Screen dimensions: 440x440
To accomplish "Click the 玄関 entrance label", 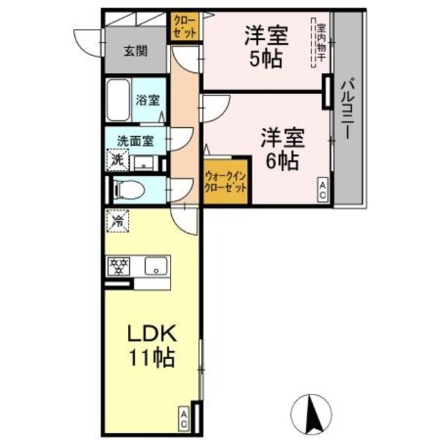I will [x=135, y=50].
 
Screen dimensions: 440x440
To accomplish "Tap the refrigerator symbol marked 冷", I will [x=118, y=222].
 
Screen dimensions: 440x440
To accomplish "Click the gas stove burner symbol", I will [x=118, y=266].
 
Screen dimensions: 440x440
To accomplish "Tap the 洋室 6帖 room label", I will [x=281, y=149].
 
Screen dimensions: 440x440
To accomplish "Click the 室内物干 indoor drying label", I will [x=320, y=45].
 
